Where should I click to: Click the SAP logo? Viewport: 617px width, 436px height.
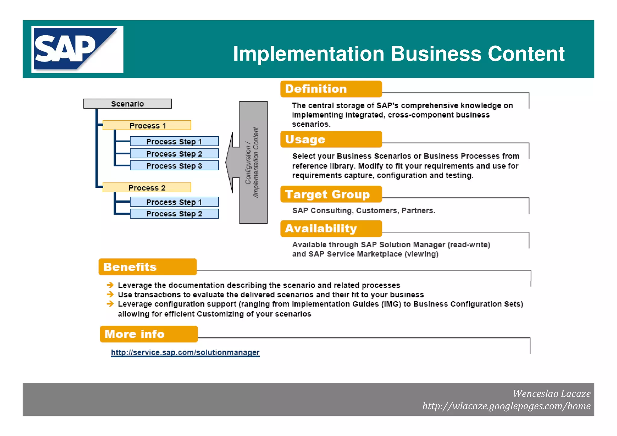[x=77, y=49]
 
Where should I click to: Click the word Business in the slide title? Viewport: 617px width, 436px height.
[x=436, y=54]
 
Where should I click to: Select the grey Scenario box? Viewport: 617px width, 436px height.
[x=127, y=104]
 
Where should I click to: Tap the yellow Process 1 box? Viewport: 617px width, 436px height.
[x=147, y=125]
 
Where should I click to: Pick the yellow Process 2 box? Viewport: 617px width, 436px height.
[x=147, y=187]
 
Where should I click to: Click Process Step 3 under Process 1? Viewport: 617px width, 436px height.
[x=174, y=166]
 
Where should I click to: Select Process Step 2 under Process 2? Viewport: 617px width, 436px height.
[x=174, y=214]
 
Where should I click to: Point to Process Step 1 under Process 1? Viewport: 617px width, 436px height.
[x=174, y=141]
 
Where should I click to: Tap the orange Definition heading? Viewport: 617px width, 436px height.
[x=331, y=89]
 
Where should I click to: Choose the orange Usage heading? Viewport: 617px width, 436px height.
[x=331, y=139]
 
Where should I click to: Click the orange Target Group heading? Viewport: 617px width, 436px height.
[x=331, y=194]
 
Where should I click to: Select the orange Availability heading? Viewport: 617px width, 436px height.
[x=331, y=228]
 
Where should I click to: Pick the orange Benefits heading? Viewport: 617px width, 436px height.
[x=148, y=267]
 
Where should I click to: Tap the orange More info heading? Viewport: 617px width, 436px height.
[x=149, y=334]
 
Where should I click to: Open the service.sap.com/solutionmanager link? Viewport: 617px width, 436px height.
[x=185, y=352]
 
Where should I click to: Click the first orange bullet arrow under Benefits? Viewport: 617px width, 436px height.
[x=110, y=285]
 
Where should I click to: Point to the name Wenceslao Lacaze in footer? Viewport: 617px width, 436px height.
[x=551, y=394]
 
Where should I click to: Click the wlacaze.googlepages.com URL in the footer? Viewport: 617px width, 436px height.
[x=506, y=406]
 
